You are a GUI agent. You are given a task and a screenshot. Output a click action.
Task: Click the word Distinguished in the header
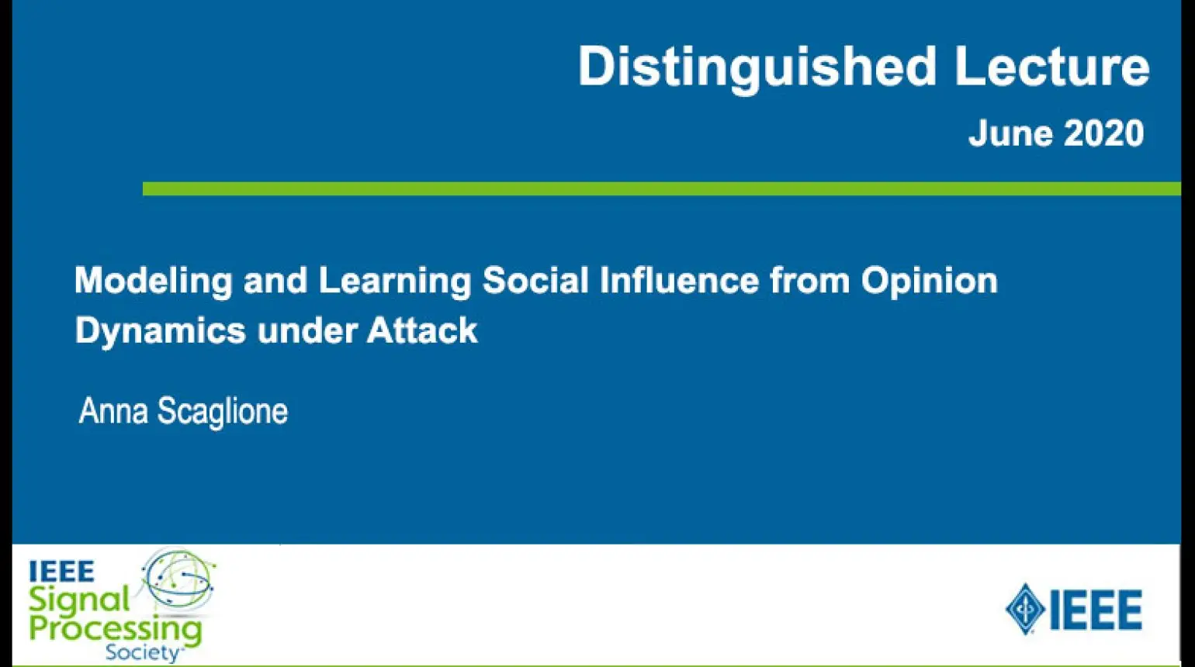757,68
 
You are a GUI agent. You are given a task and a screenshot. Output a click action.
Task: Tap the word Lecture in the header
1051,66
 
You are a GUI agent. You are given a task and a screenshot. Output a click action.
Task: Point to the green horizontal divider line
661,188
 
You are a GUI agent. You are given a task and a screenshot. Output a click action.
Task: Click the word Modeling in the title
154,281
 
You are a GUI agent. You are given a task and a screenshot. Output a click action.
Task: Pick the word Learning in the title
395,281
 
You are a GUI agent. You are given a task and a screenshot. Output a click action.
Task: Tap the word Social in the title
535,280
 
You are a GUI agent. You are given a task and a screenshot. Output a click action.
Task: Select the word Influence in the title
679,280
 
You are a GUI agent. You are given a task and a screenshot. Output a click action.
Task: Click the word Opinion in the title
930,281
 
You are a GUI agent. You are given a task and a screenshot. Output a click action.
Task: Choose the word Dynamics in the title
161,330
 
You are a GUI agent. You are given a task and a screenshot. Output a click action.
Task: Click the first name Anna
113,410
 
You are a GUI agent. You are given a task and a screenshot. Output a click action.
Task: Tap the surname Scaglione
223,412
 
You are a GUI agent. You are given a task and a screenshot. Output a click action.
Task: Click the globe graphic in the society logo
178,579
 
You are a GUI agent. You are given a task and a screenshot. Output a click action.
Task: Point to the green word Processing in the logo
115,631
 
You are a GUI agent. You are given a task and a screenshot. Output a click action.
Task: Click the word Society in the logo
143,652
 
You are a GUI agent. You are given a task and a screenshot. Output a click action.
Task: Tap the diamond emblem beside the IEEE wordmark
1025,609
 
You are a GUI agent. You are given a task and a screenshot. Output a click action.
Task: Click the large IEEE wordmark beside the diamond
1096,610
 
